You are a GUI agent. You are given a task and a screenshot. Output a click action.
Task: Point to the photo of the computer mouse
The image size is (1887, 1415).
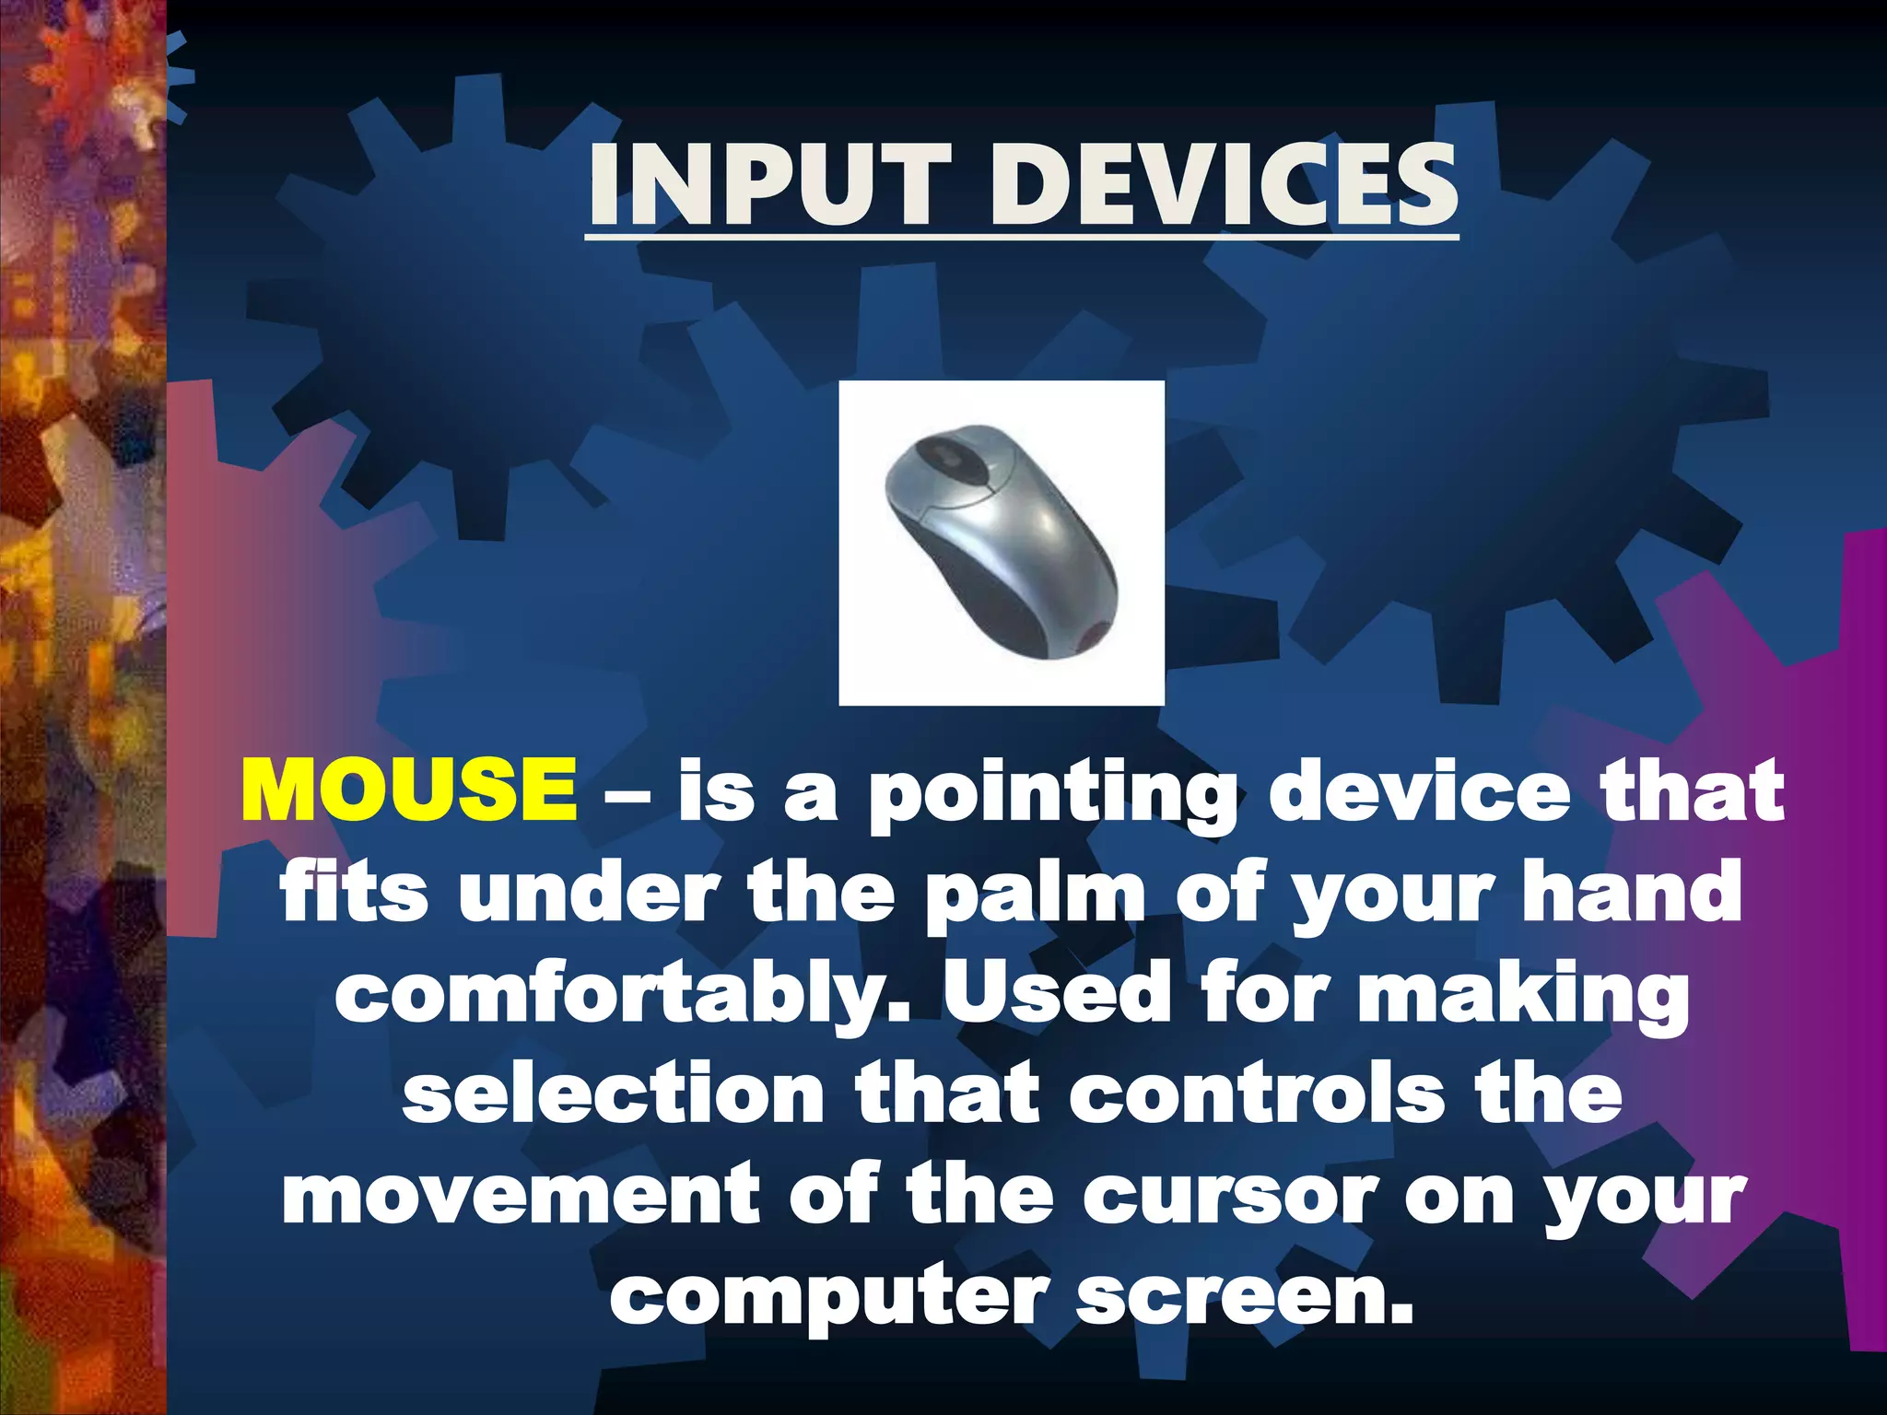point(1002,543)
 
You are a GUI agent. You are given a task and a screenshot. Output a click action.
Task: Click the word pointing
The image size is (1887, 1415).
point(1052,794)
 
